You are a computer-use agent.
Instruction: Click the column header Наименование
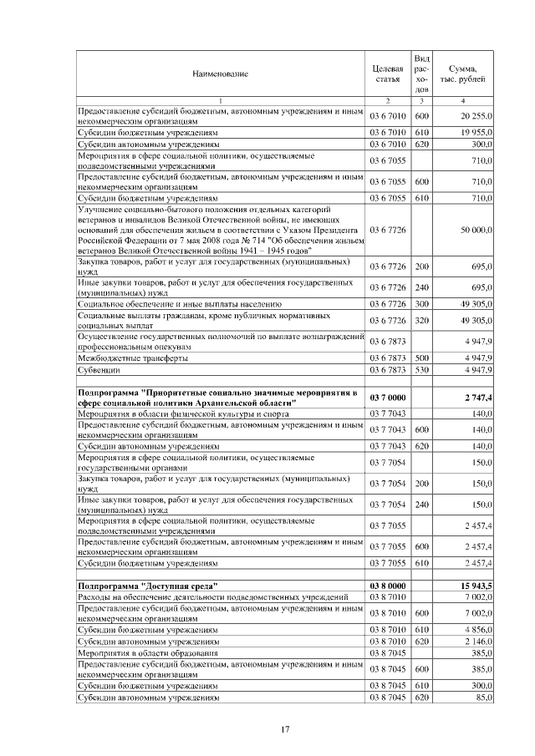coord(221,74)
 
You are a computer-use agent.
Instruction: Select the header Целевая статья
coord(387,74)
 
